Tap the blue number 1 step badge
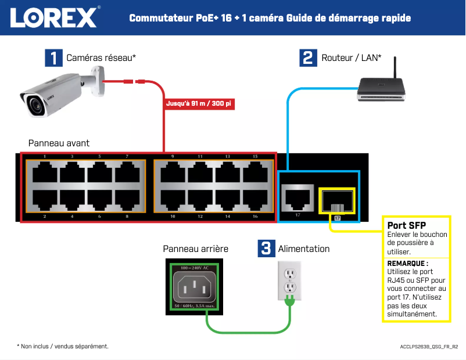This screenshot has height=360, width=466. click(x=53, y=58)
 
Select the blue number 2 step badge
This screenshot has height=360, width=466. click(x=307, y=58)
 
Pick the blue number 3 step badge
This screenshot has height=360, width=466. click(x=266, y=249)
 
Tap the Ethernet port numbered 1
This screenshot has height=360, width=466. click(x=45, y=172)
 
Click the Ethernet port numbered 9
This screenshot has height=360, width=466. click(x=173, y=172)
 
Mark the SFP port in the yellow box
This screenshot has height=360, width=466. click(x=336, y=200)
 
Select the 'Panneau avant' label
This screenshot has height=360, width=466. click(x=59, y=143)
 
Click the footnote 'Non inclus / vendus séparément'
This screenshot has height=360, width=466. click(x=64, y=346)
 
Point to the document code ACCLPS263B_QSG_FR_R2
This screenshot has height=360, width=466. click(x=429, y=347)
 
